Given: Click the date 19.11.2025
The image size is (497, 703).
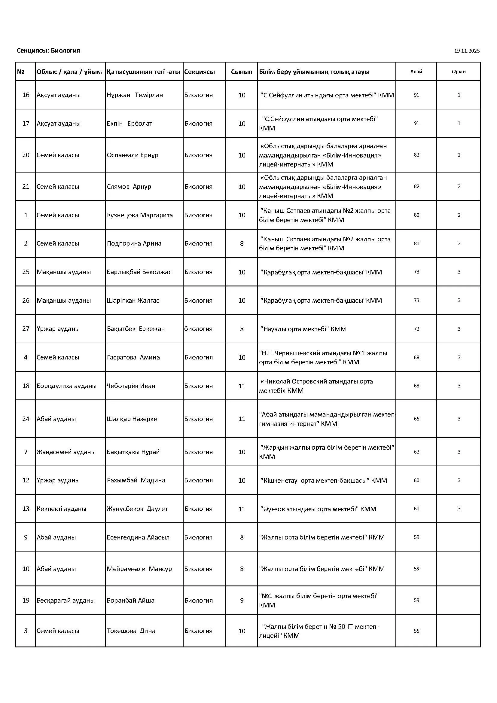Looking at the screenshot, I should tap(466, 51).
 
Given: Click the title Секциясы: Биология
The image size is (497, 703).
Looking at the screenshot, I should tap(48, 50).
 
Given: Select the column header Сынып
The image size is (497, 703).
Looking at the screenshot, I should tap(242, 72).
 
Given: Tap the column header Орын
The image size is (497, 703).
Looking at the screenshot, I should tap(459, 72).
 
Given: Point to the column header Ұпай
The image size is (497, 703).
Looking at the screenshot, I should tap(416, 72).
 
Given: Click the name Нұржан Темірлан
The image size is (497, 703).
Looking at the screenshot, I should tap(135, 95).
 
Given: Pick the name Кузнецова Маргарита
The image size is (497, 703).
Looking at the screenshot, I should tap(139, 215).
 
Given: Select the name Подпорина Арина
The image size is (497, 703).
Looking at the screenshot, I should tap(134, 244).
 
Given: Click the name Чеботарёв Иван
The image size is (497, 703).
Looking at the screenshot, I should tap(131, 386).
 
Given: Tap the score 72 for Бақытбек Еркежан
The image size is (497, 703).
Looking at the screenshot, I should tap(416, 329).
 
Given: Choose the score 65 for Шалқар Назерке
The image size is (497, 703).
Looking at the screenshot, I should tap(416, 419).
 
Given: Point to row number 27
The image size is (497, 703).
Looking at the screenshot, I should tap(26, 329).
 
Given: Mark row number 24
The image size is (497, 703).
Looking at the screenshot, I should tap(26, 419).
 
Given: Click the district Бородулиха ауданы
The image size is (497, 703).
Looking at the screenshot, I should tap(66, 386).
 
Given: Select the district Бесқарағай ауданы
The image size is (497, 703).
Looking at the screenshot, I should tap(66, 601).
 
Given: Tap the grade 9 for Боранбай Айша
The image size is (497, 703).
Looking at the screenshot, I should tap(242, 601).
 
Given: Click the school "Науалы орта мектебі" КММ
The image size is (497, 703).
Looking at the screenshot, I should tap(303, 329).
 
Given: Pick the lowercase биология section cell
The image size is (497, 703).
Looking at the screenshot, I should tap(198, 329).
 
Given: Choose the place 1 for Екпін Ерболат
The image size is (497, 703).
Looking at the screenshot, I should tap(459, 124).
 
